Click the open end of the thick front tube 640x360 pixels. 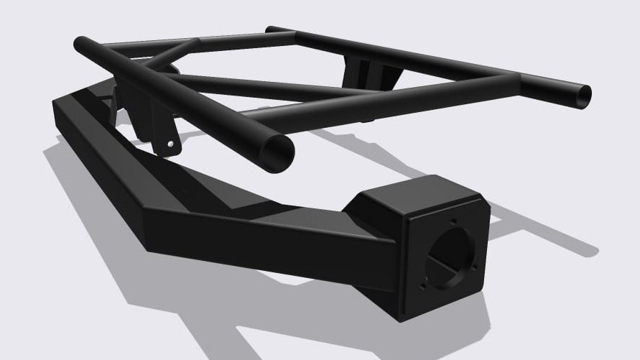point(277,151)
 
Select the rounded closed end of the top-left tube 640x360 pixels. point(80,45)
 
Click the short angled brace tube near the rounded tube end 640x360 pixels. point(172,54)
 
